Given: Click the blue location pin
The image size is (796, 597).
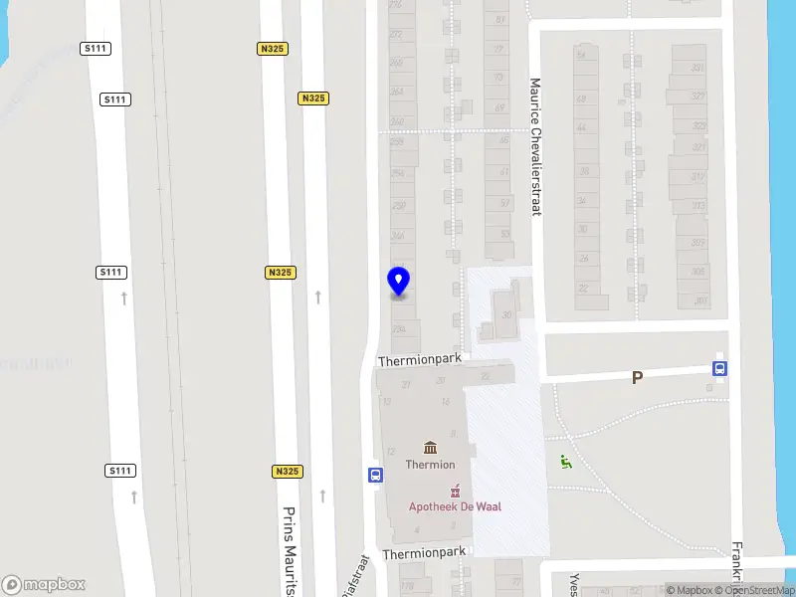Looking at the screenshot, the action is (x=398, y=282).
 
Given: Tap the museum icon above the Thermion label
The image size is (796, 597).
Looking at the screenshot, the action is (x=430, y=447).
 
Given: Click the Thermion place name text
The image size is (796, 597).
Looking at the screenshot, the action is (x=430, y=465).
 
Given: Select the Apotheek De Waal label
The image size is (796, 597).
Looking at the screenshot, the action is (x=455, y=506).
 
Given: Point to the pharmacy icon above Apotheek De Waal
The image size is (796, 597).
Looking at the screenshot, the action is (x=455, y=490).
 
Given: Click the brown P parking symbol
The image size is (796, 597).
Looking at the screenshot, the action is (x=637, y=378).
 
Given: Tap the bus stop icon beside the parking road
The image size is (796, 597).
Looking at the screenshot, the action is (x=719, y=368).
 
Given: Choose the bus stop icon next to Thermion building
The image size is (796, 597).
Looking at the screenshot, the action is (x=375, y=475).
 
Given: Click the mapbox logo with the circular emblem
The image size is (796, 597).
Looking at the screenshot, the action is (x=44, y=584).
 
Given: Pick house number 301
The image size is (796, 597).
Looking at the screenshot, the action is (x=700, y=300).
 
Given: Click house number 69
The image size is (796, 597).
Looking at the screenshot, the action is (x=499, y=107).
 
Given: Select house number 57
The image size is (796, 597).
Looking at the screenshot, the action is (x=504, y=203).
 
